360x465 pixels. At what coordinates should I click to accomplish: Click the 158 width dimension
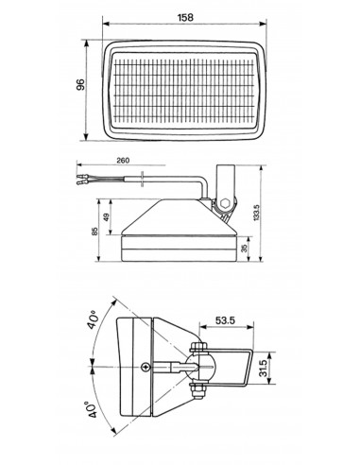pyautogui.click(x=185, y=18)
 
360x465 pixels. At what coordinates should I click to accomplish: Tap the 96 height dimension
pyautogui.click(x=81, y=85)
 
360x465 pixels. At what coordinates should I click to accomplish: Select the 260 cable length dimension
pyautogui.click(x=123, y=161)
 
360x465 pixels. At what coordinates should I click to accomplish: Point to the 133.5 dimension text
pyautogui.click(x=256, y=212)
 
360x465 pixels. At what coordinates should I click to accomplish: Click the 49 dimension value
pyautogui.click(x=106, y=217)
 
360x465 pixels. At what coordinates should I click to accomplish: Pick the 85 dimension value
pyautogui.click(x=94, y=232)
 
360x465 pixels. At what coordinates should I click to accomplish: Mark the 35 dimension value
pyautogui.click(x=244, y=249)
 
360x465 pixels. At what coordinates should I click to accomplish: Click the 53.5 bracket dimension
pyautogui.click(x=225, y=320)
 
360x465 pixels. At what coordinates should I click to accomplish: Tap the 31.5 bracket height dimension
pyautogui.click(x=264, y=368)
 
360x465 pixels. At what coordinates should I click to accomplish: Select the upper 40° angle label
pyautogui.click(x=94, y=319)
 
